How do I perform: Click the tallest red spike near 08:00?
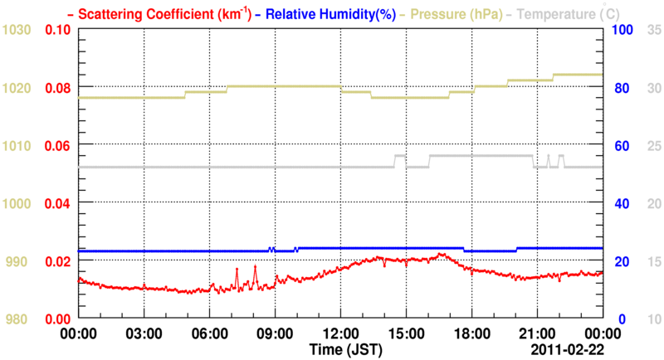tap(255, 266)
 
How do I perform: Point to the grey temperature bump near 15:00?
tap(399, 156)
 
